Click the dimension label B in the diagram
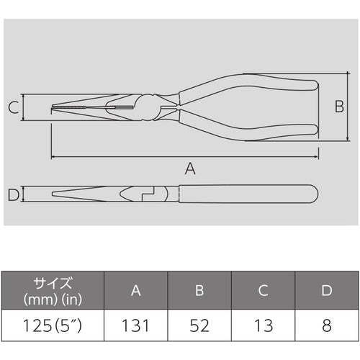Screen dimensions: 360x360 [x=339, y=107]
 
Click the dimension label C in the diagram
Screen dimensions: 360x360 [x=13, y=108]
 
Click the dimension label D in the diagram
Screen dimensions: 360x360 [x=12, y=194]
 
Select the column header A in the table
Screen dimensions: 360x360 [x=135, y=290]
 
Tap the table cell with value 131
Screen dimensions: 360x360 [x=135, y=325]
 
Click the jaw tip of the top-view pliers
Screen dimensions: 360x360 [x=58, y=109]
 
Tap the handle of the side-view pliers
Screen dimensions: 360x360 [x=245, y=194]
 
